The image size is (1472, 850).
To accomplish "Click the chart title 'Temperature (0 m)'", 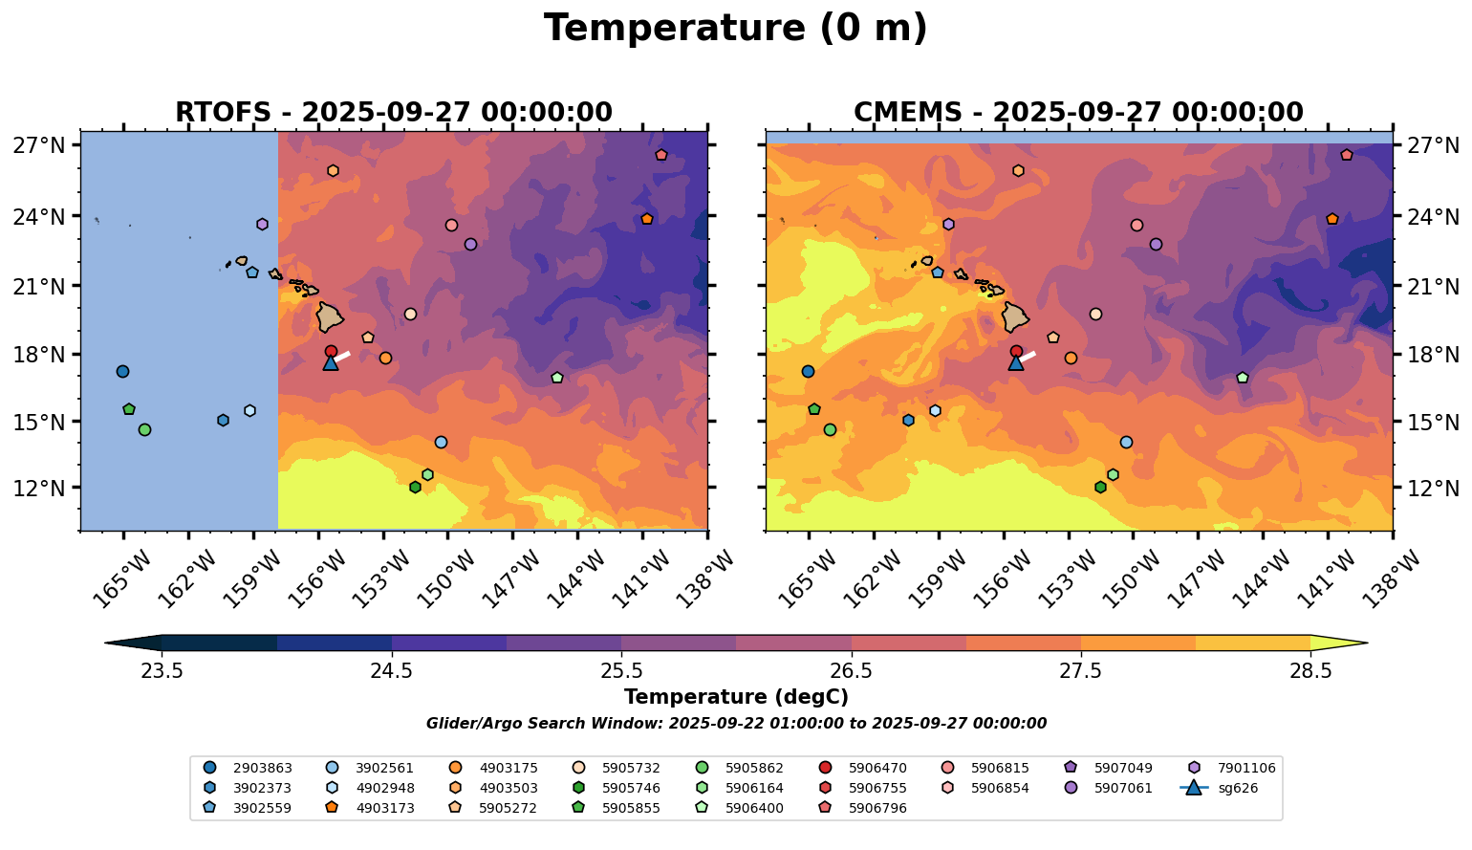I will (735, 29).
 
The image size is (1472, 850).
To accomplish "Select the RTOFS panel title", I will (393, 113).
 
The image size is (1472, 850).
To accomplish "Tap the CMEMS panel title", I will (1078, 113).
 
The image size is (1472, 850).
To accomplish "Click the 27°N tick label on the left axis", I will (39, 146).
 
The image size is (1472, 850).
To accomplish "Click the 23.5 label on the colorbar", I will (162, 670).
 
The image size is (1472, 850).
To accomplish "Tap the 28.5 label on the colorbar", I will (1310, 670).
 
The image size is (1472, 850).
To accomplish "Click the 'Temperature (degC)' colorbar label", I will (735, 697).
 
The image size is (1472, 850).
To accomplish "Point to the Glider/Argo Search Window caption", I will (735, 724).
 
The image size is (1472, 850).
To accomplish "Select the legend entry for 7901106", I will (1234, 768).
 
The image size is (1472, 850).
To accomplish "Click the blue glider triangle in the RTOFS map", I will (331, 363).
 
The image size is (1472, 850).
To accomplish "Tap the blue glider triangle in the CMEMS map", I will (1016, 363).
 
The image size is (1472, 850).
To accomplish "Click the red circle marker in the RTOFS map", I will (331, 351).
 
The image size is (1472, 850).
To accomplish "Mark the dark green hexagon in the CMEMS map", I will (1100, 488).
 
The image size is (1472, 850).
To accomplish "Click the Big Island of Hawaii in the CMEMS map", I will (1014, 316).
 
